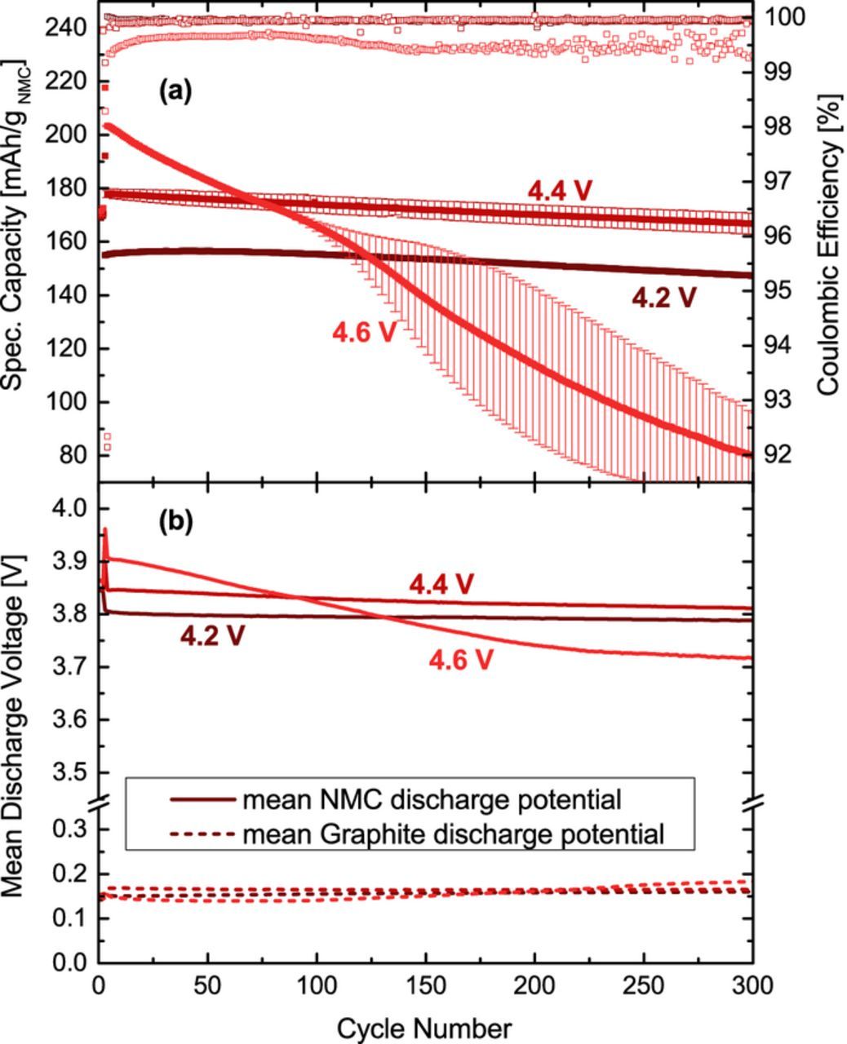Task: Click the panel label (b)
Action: point(176,522)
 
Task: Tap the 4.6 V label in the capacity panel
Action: point(364,333)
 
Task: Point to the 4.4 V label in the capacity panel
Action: point(560,190)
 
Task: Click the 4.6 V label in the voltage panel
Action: point(461,659)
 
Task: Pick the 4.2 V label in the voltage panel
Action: point(212,635)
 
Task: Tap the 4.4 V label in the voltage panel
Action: point(441,584)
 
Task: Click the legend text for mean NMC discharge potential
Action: point(432,799)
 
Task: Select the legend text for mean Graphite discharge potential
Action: point(453,834)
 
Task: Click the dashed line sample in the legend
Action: point(202,834)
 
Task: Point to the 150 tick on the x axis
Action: point(425,985)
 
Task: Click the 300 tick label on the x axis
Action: point(752,985)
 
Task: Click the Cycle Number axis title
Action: point(424,1027)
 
